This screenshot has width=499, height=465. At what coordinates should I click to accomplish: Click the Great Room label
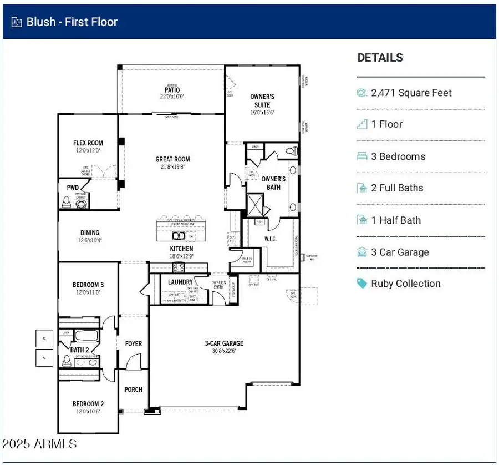pos(172,159)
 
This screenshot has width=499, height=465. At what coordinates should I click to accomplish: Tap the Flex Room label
pos(88,143)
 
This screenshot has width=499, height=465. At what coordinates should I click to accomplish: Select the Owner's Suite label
pos(262,100)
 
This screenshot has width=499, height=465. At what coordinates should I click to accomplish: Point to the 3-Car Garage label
pos(224,343)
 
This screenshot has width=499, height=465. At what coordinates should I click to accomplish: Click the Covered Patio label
pos(172,90)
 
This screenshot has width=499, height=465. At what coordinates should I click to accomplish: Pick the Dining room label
pos(89,233)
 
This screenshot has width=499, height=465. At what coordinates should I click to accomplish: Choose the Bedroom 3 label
pos(88,285)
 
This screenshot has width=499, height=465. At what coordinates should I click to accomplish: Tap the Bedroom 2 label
pos(88,404)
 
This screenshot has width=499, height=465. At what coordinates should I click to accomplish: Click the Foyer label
pos(133,344)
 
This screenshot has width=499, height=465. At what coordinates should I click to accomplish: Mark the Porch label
pos(133,390)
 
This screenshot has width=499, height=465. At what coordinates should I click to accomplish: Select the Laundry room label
pos(180,282)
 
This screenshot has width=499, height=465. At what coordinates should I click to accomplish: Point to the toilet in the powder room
pos(82,204)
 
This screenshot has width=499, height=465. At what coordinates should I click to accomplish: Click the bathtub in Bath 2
pos(86,336)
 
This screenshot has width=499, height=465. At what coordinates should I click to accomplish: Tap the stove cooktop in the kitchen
pos(179,268)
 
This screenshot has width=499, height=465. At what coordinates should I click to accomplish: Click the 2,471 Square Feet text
pos(411,93)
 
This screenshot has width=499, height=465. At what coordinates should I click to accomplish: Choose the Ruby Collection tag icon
pos(361,284)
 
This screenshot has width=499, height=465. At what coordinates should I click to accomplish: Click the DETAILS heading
pos(380,58)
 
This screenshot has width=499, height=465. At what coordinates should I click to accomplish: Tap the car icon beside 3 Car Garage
pos(361,252)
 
